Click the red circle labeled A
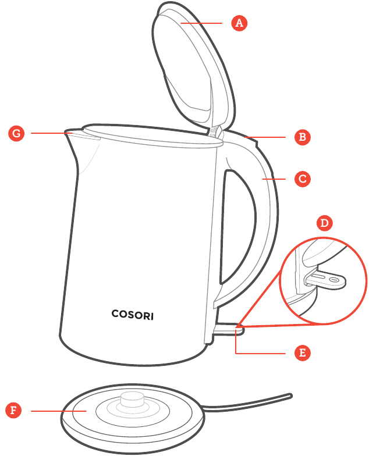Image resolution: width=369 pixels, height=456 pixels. [239, 23]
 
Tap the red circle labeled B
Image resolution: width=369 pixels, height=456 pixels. [303, 137]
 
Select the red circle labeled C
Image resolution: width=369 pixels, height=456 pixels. [303, 179]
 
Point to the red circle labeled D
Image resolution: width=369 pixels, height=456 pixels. [324, 223]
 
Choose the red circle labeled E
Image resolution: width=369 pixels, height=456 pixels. [303, 353]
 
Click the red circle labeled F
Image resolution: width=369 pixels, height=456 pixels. [13, 411]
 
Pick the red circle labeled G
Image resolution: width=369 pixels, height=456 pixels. [16, 134]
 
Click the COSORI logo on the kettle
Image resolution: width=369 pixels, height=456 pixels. [133, 315]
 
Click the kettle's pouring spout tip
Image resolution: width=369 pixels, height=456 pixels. [66, 131]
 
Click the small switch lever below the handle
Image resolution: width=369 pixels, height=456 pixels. [229, 329]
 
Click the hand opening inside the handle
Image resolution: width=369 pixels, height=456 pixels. [237, 227]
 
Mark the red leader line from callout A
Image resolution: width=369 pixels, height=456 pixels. [201, 23]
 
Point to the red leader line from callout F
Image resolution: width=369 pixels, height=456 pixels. [58, 411]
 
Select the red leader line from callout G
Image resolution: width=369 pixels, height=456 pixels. [51, 133]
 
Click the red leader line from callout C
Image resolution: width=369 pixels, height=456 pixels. [274, 179]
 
